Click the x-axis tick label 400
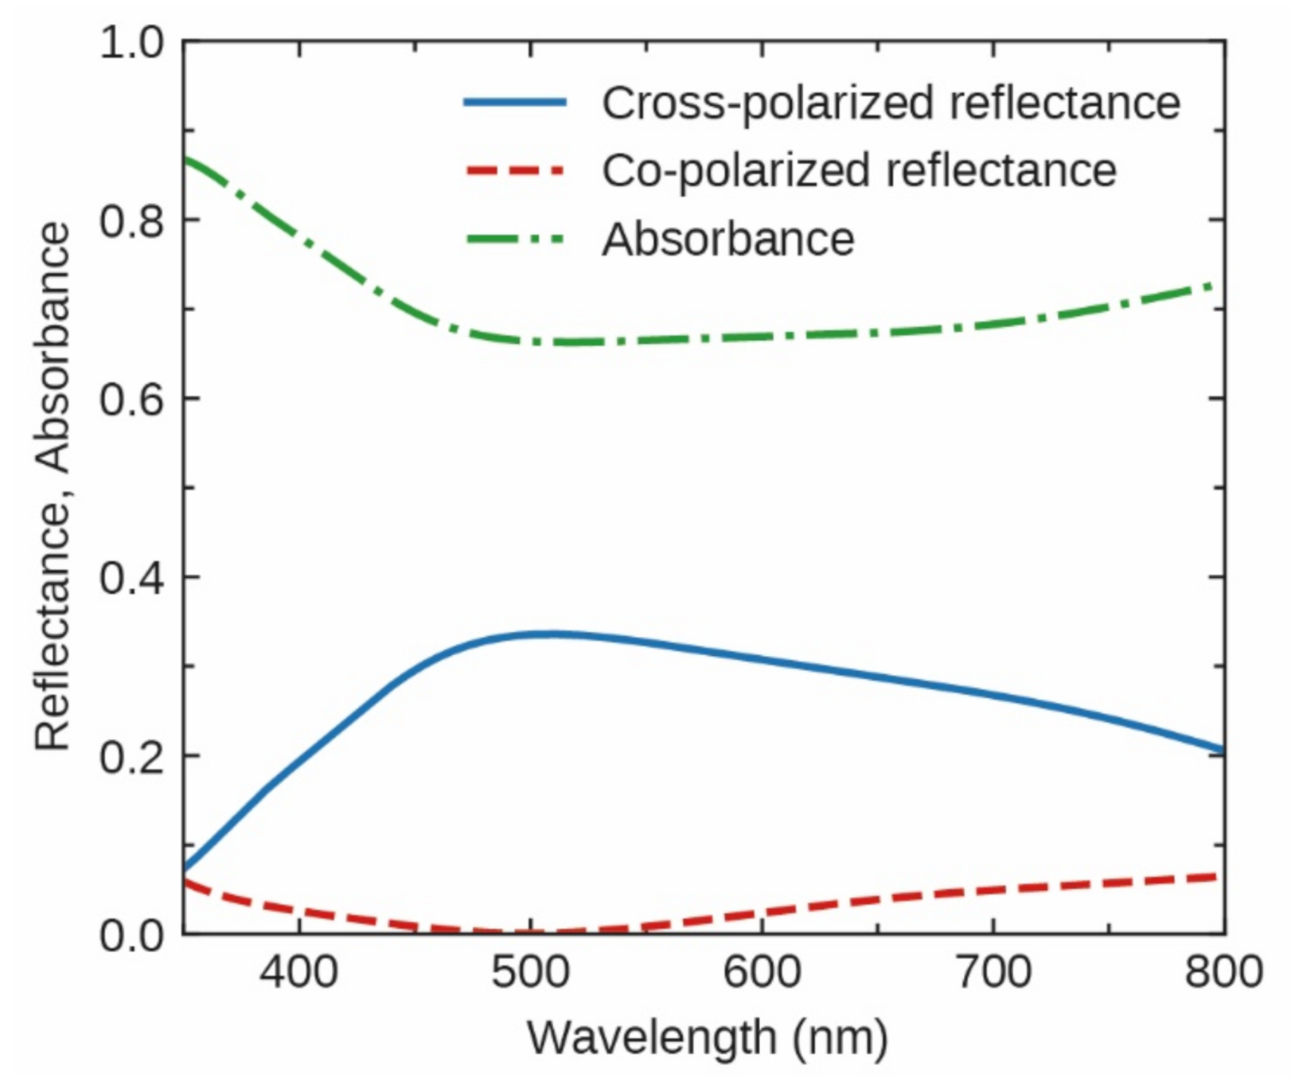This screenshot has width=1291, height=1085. pos(298,973)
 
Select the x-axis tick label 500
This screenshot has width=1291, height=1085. pos(530,973)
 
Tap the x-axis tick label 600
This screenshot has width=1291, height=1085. pos(762,973)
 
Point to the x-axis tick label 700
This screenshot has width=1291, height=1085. pos(993,973)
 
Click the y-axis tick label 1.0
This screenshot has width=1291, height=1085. pos(131,42)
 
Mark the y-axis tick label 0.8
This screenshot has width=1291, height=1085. pos(131,221)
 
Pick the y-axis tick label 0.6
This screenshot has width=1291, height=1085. pos(131,399)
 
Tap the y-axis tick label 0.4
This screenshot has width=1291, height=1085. pos(131,578)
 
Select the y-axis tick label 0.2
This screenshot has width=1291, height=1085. pos(131,756)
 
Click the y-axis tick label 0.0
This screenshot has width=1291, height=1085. pos(131,935)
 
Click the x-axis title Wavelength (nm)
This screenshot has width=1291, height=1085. pos(707,1037)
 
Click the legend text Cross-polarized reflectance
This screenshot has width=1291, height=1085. pos(891,103)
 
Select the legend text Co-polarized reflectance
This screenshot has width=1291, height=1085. pos(859,170)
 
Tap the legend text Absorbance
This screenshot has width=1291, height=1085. pos(727,239)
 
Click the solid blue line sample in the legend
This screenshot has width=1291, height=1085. pos(515,102)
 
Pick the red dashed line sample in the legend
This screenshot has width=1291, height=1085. pos(515,170)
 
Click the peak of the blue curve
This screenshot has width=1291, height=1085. pos(549,634)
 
